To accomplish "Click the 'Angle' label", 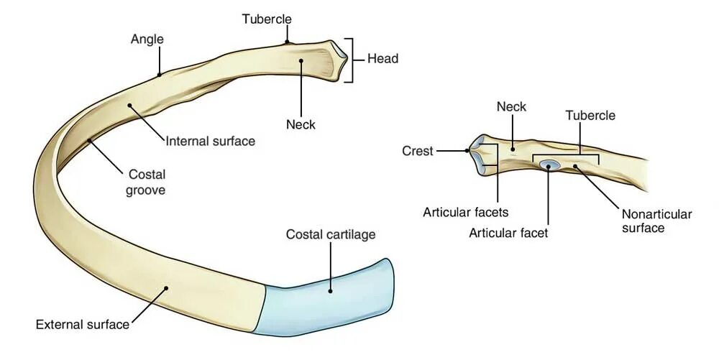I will [x=147, y=39].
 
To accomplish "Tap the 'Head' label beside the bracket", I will [x=383, y=59].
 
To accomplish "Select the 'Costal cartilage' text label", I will [x=331, y=234].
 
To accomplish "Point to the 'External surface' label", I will [x=83, y=324].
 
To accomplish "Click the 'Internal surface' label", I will [x=210, y=142].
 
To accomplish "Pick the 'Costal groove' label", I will [x=147, y=182].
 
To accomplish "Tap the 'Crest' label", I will [x=418, y=151].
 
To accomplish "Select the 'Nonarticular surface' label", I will [x=656, y=221].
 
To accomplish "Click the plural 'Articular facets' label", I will [x=466, y=212].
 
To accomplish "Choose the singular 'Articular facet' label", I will [x=508, y=232].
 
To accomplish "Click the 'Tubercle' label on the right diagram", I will [x=590, y=115].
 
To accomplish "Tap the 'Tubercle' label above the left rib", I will [x=266, y=18].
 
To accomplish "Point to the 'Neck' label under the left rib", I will [x=301, y=124].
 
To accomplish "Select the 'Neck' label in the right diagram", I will [x=511, y=107].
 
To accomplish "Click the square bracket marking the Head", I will [x=350, y=60].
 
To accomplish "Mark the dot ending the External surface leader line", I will [x=166, y=289].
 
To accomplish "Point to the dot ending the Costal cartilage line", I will [x=330, y=290].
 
